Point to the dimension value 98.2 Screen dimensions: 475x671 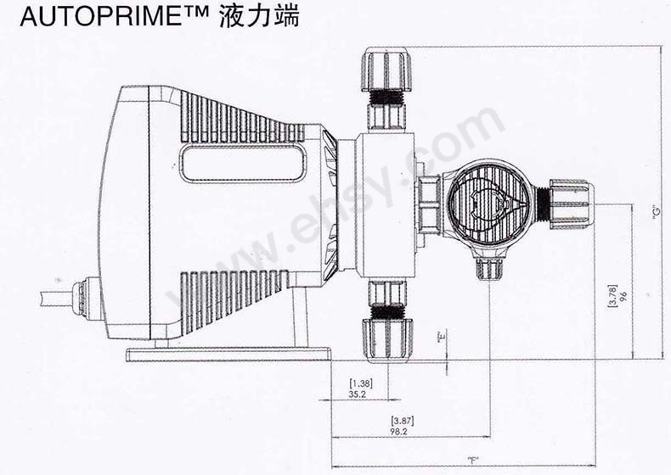click(399, 432)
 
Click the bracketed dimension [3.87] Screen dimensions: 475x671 click(399, 422)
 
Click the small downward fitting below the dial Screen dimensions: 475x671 click(490, 267)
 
